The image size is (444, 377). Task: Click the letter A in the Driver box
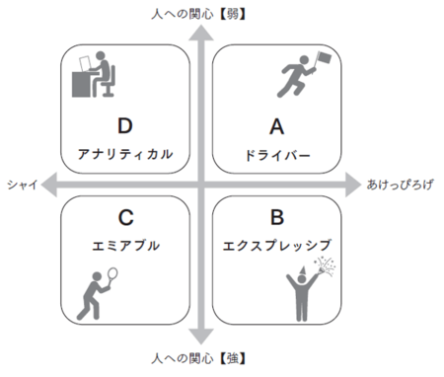coord(277,126)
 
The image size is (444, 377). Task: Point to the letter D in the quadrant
coord(124,126)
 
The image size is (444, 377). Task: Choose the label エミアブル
coord(124,244)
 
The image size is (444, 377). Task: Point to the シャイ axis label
coord(21,185)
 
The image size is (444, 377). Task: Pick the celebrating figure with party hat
coord(307,290)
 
